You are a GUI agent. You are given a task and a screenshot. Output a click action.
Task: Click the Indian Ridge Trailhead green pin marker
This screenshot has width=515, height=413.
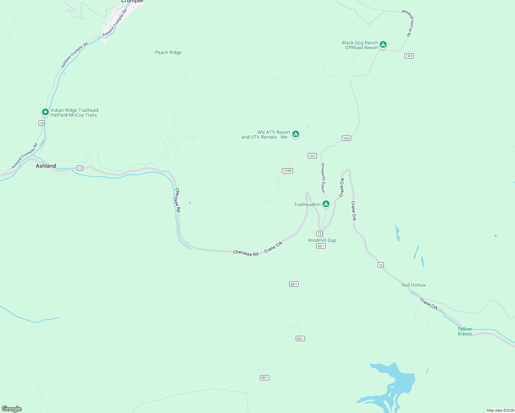(45, 112)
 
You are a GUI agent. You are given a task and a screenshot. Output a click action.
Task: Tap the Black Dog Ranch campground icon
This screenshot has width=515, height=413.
(383, 45)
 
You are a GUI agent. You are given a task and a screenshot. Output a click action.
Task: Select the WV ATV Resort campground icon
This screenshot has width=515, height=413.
(295, 134)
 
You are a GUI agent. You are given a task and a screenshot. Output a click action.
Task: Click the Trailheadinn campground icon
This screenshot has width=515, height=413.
(326, 204)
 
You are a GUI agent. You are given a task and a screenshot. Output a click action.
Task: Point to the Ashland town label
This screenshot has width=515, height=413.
(46, 166)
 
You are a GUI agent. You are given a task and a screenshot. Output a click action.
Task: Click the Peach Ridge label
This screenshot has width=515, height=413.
(168, 52)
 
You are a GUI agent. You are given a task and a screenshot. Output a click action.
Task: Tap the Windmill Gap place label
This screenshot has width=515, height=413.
(322, 240)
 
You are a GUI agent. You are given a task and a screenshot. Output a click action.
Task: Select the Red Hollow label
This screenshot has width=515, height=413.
(413, 285)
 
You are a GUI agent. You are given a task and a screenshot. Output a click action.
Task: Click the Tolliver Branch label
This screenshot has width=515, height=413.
(465, 331)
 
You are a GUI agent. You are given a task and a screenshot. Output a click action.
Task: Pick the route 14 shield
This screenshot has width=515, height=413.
(42, 123)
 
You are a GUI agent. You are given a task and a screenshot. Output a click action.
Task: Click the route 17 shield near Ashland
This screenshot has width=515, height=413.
(80, 168)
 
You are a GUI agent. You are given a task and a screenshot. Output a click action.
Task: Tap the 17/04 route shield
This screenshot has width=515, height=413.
(287, 171)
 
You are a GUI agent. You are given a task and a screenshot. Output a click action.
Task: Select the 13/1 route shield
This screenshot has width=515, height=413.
(312, 156)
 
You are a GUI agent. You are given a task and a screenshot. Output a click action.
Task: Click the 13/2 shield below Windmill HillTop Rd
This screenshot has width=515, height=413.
(409, 56)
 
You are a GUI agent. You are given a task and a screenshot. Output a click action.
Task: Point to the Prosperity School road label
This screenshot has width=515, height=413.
(323, 178)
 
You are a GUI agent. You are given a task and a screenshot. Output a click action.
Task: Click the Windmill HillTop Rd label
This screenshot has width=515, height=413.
(408, 23)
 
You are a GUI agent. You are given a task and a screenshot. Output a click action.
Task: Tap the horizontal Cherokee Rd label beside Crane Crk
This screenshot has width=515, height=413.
(245, 253)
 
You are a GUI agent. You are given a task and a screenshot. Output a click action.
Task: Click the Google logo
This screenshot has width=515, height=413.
(12, 409)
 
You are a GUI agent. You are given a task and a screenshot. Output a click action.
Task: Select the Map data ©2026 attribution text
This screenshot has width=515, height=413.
(500, 410)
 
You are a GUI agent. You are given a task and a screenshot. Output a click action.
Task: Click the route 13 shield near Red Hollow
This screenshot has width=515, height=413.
(380, 265)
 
